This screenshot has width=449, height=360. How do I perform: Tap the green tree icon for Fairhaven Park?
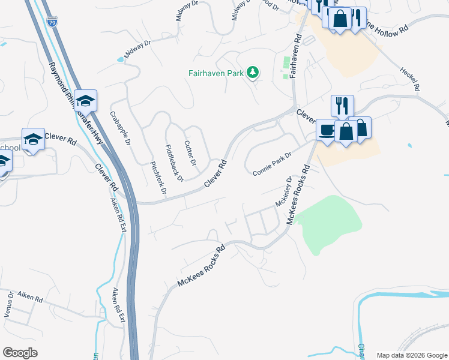click(x=253, y=73)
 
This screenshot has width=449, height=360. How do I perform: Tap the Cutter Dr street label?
click(x=190, y=153)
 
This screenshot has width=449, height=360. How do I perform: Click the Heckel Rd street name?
click(x=409, y=79)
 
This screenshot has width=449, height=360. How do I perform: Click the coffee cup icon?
click(x=327, y=130)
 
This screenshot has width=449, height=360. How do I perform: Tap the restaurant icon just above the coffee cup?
click(x=342, y=105)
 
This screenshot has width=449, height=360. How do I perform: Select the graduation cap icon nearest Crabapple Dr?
click(x=85, y=101)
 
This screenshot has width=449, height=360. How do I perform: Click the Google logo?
click(x=20, y=353)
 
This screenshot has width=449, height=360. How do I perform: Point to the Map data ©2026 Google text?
click(x=412, y=355)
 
